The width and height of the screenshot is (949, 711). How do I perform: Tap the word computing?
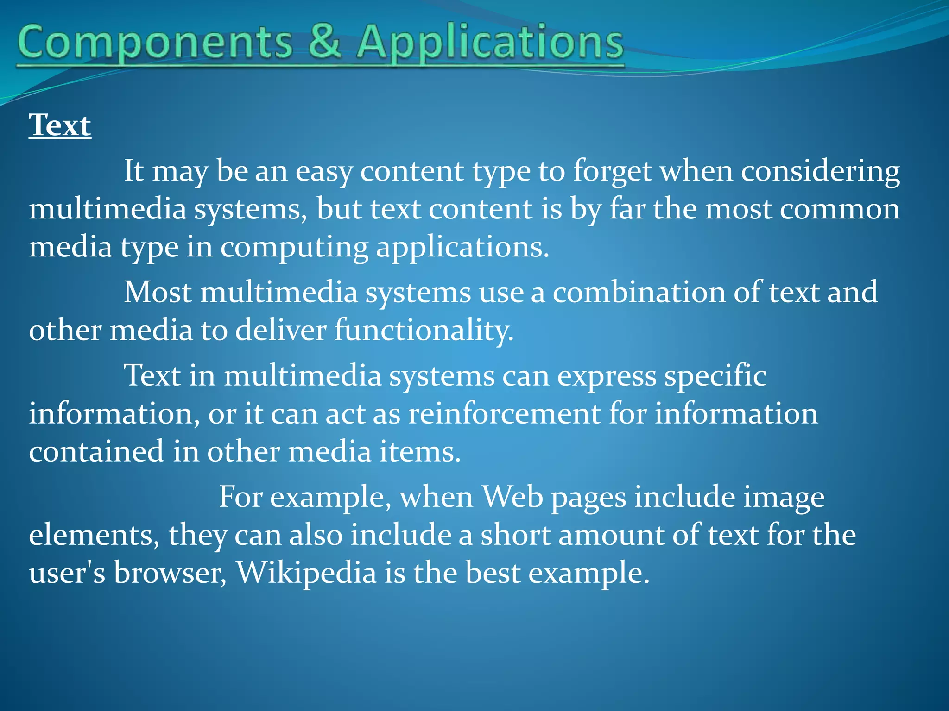point(294,248)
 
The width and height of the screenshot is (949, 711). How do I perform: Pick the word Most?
point(158,293)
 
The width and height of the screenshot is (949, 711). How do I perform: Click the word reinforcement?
point(504,413)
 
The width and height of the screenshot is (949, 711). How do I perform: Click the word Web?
point(512,497)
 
